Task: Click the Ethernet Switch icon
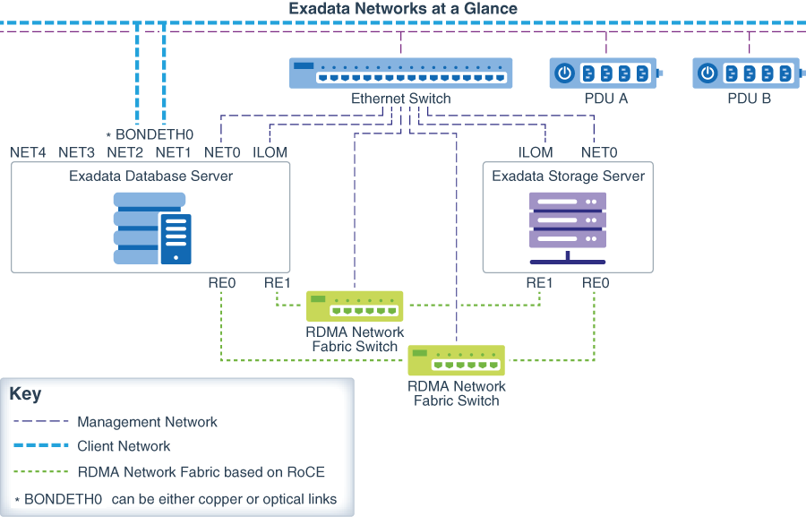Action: (x=400, y=73)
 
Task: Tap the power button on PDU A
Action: (x=564, y=73)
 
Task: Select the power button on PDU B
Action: (x=707, y=73)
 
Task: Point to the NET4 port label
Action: (x=28, y=152)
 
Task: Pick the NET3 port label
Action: (x=76, y=152)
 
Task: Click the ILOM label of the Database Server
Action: (x=270, y=152)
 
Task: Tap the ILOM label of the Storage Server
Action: (x=536, y=152)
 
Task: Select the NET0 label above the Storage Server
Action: (x=599, y=152)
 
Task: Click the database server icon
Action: (x=152, y=228)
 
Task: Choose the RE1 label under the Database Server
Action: (x=278, y=283)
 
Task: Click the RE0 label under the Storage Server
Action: (x=596, y=283)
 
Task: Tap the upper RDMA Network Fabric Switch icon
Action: (x=355, y=306)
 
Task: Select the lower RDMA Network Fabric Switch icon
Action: (x=456, y=360)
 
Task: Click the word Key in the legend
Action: (x=25, y=394)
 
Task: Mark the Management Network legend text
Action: (x=148, y=421)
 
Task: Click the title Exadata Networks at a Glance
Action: (x=403, y=9)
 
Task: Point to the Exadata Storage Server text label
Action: (x=568, y=176)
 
